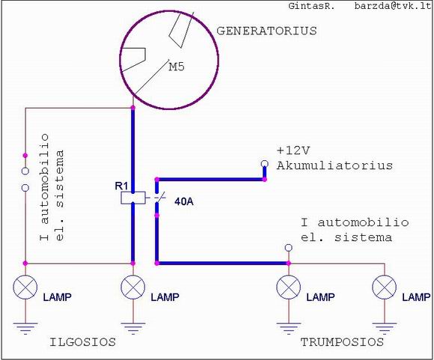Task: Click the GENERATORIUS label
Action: tap(266, 31)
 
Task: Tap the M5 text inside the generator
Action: tap(177, 67)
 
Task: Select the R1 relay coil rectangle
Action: tap(133, 198)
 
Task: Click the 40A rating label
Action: tap(184, 201)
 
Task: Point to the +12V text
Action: tap(293, 150)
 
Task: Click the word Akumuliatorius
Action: tap(335, 165)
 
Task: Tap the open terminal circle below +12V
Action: tap(265, 164)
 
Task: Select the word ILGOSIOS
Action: tap(82, 342)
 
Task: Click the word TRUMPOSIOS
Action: tap(342, 342)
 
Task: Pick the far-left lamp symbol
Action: tap(25, 287)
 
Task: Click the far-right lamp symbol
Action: tap(384, 287)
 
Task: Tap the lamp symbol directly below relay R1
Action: tap(133, 287)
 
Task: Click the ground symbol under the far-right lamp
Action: tap(384, 329)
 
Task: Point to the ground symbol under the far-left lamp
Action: tap(25, 329)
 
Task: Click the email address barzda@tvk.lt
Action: tap(393, 6)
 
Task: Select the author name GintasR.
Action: tap(311, 6)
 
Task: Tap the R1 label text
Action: tap(121, 186)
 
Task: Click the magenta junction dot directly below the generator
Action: tap(133, 108)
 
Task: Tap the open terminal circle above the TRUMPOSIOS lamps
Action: tap(288, 248)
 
